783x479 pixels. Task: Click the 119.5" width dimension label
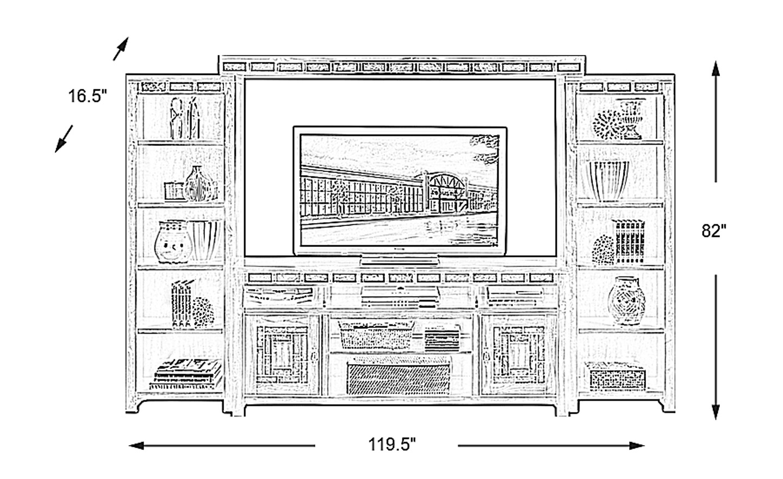392,445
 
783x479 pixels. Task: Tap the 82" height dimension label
713,230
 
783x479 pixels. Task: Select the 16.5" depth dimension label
88,97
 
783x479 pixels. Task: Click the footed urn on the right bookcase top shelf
631,118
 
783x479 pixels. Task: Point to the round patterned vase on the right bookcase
625,300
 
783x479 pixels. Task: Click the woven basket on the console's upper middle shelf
377,334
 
